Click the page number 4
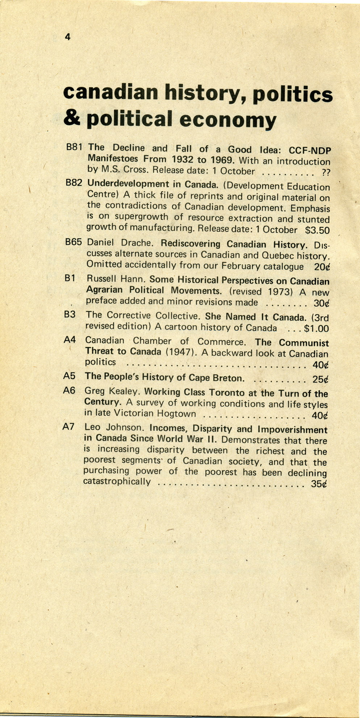click(67, 37)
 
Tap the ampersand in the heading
click(72, 118)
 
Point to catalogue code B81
click(75, 147)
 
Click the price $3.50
click(317, 230)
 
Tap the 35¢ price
click(319, 484)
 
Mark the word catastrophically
click(117, 482)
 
